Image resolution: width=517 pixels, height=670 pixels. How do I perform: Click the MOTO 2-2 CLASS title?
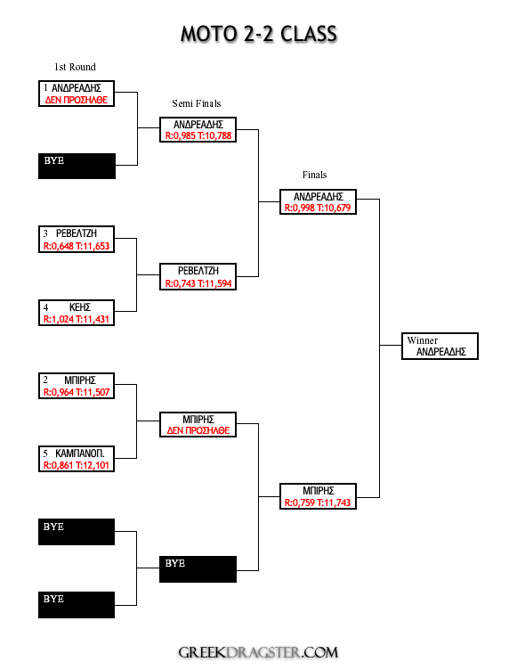tap(259, 34)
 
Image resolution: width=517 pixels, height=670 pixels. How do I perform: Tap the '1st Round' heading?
tap(75, 67)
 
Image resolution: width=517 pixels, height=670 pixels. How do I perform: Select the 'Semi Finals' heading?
tap(197, 103)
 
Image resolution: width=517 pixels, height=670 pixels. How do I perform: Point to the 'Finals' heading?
tap(315, 175)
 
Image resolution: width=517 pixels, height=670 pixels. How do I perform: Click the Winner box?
tap(440, 346)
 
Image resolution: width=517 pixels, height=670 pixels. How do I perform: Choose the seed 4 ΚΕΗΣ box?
tap(77, 313)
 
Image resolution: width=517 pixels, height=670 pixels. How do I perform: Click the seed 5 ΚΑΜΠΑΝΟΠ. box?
tap(77, 459)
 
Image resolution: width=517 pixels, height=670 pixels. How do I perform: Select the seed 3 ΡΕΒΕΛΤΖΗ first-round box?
tap(77, 240)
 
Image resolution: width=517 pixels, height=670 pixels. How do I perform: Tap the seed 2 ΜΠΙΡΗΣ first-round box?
tap(77, 386)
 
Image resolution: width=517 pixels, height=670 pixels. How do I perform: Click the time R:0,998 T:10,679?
tap(318, 208)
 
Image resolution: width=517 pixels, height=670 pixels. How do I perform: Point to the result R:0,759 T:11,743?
tap(318, 502)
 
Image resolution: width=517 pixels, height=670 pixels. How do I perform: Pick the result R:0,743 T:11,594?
tap(198, 283)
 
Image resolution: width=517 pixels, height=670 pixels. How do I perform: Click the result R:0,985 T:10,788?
tap(198, 136)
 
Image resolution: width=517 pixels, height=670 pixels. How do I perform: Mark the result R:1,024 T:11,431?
tap(77, 319)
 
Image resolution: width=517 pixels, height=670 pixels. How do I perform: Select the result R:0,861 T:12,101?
tap(77, 465)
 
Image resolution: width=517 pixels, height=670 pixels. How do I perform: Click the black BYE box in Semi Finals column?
tap(198, 569)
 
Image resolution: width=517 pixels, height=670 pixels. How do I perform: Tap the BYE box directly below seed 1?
tap(77, 167)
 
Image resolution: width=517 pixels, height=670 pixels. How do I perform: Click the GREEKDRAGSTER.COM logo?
tap(258, 652)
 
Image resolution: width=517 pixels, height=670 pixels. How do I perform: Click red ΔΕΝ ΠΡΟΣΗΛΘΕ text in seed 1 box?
tap(77, 100)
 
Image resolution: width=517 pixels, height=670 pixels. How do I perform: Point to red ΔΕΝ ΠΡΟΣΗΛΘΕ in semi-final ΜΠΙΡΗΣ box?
tap(198, 430)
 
